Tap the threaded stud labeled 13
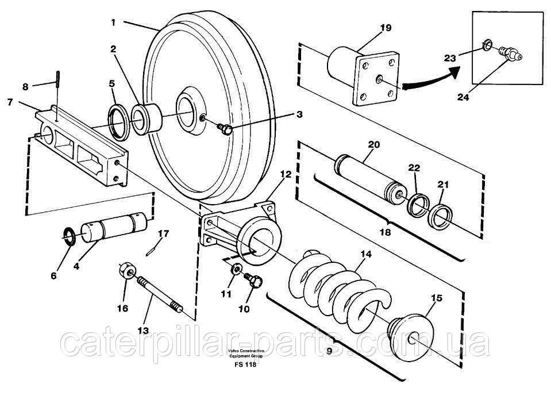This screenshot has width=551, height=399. tap(159, 294)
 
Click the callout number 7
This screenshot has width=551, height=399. tap(10, 102)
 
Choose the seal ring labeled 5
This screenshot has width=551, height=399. tap(118, 122)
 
